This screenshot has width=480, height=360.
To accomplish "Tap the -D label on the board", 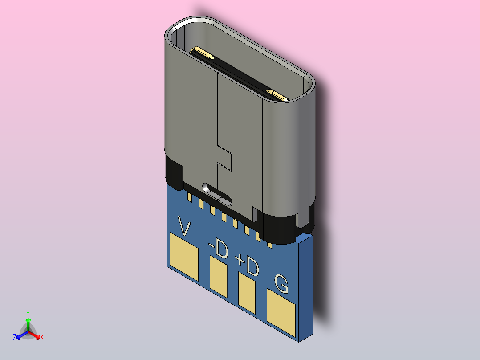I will tap(219, 249).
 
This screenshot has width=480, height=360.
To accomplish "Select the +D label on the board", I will tap(247, 266).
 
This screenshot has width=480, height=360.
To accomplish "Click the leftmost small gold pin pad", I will tap(190, 196).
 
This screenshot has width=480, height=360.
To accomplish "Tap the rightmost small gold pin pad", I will tap(269, 244).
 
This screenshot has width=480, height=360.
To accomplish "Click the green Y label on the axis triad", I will tap(28, 313).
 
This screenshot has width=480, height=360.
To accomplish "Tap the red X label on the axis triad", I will tap(42, 338).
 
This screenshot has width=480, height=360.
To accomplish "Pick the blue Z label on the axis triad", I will tap(15, 338).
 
